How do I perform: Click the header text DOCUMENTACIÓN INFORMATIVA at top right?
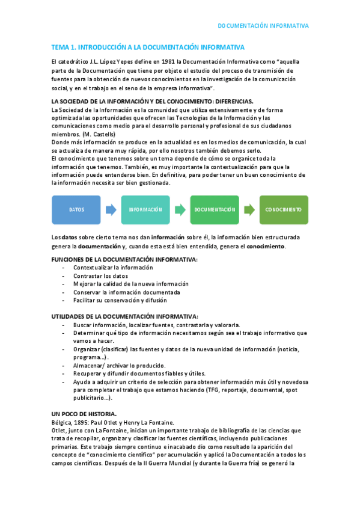coord(263,26)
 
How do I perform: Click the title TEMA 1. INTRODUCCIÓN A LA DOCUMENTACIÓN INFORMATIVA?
coord(148,47)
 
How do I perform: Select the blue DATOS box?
coord(76,210)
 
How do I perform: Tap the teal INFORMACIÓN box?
coord(145,210)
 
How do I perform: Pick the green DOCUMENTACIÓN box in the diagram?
coord(215,210)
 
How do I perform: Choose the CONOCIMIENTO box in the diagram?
coord(284,210)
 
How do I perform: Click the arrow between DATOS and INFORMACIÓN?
coord(111,210)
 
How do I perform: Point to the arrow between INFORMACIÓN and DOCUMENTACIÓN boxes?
coord(180,210)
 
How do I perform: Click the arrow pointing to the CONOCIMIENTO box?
coord(249,210)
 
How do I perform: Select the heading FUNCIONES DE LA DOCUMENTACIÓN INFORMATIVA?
coord(124,259)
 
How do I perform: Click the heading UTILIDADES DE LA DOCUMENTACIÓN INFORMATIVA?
coord(124,316)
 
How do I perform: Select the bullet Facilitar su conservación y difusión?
coord(120,300)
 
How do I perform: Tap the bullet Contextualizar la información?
coord(112,267)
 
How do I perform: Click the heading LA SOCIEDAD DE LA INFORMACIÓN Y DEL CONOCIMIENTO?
coord(153,102)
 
